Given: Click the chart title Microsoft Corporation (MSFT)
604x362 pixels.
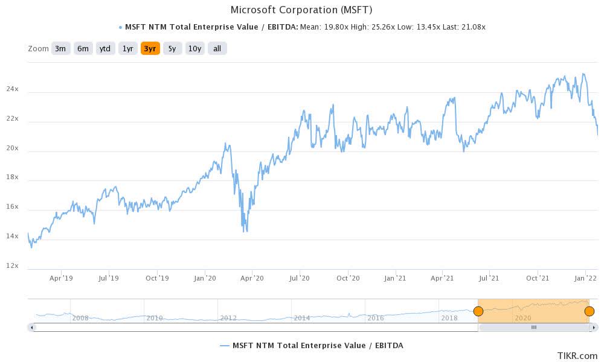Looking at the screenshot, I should (x=302, y=10).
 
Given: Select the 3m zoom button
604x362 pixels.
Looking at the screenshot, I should (x=60, y=48).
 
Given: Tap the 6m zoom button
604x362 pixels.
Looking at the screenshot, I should (x=83, y=48).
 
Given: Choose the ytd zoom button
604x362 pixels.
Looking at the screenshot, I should (x=105, y=48).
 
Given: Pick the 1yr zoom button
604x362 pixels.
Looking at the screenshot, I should (x=127, y=48).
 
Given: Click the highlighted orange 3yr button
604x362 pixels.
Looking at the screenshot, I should (x=150, y=48).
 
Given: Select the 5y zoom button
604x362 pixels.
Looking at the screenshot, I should (x=172, y=48).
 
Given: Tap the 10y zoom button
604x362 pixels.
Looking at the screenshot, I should (x=194, y=48).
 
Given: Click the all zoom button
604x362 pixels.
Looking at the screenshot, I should (x=217, y=48).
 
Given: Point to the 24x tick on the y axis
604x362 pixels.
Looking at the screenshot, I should (x=12, y=89).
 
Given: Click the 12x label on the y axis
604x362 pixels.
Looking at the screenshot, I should (x=12, y=266).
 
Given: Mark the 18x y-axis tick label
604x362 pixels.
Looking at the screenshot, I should (x=12, y=177).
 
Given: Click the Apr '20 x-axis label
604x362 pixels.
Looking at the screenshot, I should (x=252, y=278).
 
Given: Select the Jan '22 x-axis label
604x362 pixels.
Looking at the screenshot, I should (x=585, y=278).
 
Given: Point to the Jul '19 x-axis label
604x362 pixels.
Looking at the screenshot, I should (x=109, y=278).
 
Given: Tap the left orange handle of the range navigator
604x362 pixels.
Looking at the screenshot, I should (x=478, y=311).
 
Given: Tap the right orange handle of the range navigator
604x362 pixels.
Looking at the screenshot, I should (x=590, y=311).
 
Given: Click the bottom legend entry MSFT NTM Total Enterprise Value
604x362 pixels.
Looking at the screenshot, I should (x=311, y=345).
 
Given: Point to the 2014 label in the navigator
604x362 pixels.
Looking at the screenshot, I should (x=302, y=318).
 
